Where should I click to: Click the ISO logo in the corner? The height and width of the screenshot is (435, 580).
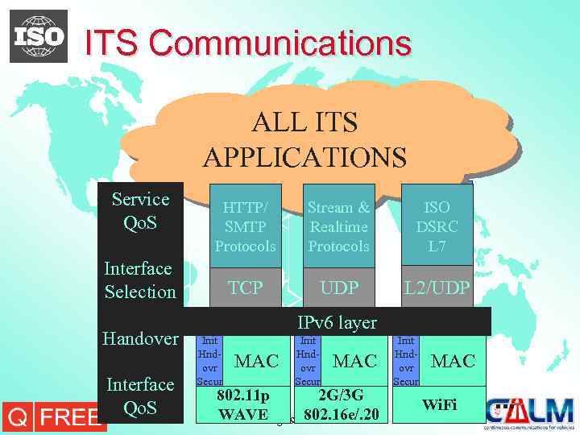tap(39, 36)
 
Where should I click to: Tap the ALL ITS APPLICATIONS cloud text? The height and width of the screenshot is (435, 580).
tap(304, 139)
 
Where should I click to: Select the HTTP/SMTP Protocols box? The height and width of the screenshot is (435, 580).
tap(245, 226)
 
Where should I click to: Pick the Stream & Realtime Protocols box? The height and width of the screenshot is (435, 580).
tap(338, 226)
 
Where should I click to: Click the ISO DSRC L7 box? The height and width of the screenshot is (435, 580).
tap(437, 226)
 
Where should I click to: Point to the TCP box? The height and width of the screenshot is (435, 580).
tap(245, 288)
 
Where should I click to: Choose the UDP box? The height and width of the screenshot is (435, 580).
tap(338, 288)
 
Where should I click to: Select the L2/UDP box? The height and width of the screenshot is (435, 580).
tap(437, 288)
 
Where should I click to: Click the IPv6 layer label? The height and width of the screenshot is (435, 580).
tap(337, 322)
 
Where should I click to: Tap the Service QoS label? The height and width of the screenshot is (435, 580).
tap(140, 210)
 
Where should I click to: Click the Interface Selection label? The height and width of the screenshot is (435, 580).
tap(140, 280)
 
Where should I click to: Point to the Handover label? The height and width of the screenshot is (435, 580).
tap(140, 338)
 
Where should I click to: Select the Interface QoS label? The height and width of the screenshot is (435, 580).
tap(140, 396)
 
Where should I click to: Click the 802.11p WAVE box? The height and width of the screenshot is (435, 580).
tap(242, 405)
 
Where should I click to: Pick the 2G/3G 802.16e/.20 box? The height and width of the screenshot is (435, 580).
tap(341, 405)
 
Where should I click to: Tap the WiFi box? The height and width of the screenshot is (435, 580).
tap(440, 404)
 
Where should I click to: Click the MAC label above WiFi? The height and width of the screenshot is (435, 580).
tap(453, 361)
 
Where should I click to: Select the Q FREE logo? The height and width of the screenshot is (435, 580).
tap(53, 416)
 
